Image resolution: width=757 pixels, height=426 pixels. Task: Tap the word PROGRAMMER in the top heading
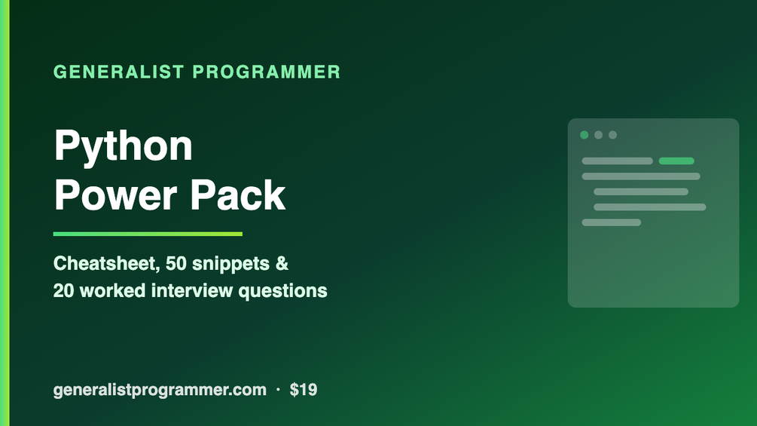click(x=267, y=72)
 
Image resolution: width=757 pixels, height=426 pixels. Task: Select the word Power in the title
click(x=116, y=195)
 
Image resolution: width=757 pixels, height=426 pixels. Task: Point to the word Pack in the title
click(x=237, y=195)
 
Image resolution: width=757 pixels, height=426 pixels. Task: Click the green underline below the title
click(x=148, y=234)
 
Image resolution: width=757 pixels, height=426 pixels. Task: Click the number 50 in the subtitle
click(x=176, y=264)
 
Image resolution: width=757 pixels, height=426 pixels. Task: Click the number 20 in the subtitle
click(x=63, y=291)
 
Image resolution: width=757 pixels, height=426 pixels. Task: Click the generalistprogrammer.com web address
click(x=160, y=390)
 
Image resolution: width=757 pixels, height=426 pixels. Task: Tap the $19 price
click(x=304, y=389)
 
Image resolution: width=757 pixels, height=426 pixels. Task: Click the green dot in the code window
click(x=585, y=135)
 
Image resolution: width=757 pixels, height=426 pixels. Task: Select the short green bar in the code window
click(x=676, y=161)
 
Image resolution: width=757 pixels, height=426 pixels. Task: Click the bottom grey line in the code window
click(x=611, y=222)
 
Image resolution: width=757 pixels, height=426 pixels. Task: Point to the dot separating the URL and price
click(x=278, y=389)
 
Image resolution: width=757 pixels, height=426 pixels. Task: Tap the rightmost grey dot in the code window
click(x=612, y=135)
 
